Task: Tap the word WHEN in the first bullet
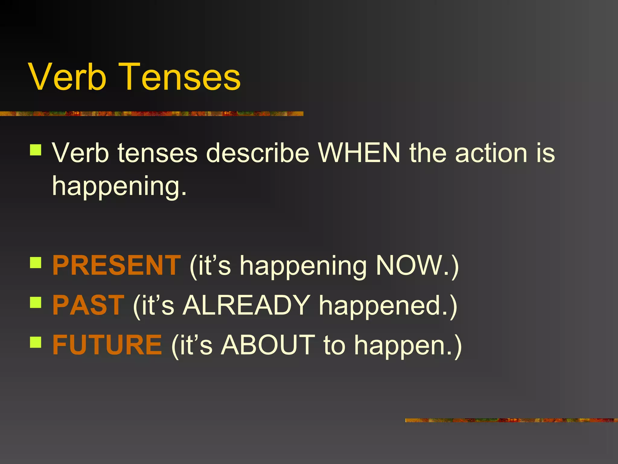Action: (359, 153)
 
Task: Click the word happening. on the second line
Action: (119, 187)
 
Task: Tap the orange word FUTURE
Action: (107, 345)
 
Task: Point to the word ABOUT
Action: (268, 345)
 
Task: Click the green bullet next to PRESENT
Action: (36, 263)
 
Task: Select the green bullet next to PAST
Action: (36, 302)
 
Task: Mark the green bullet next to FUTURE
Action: (36, 343)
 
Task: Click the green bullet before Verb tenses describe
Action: (36, 150)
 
